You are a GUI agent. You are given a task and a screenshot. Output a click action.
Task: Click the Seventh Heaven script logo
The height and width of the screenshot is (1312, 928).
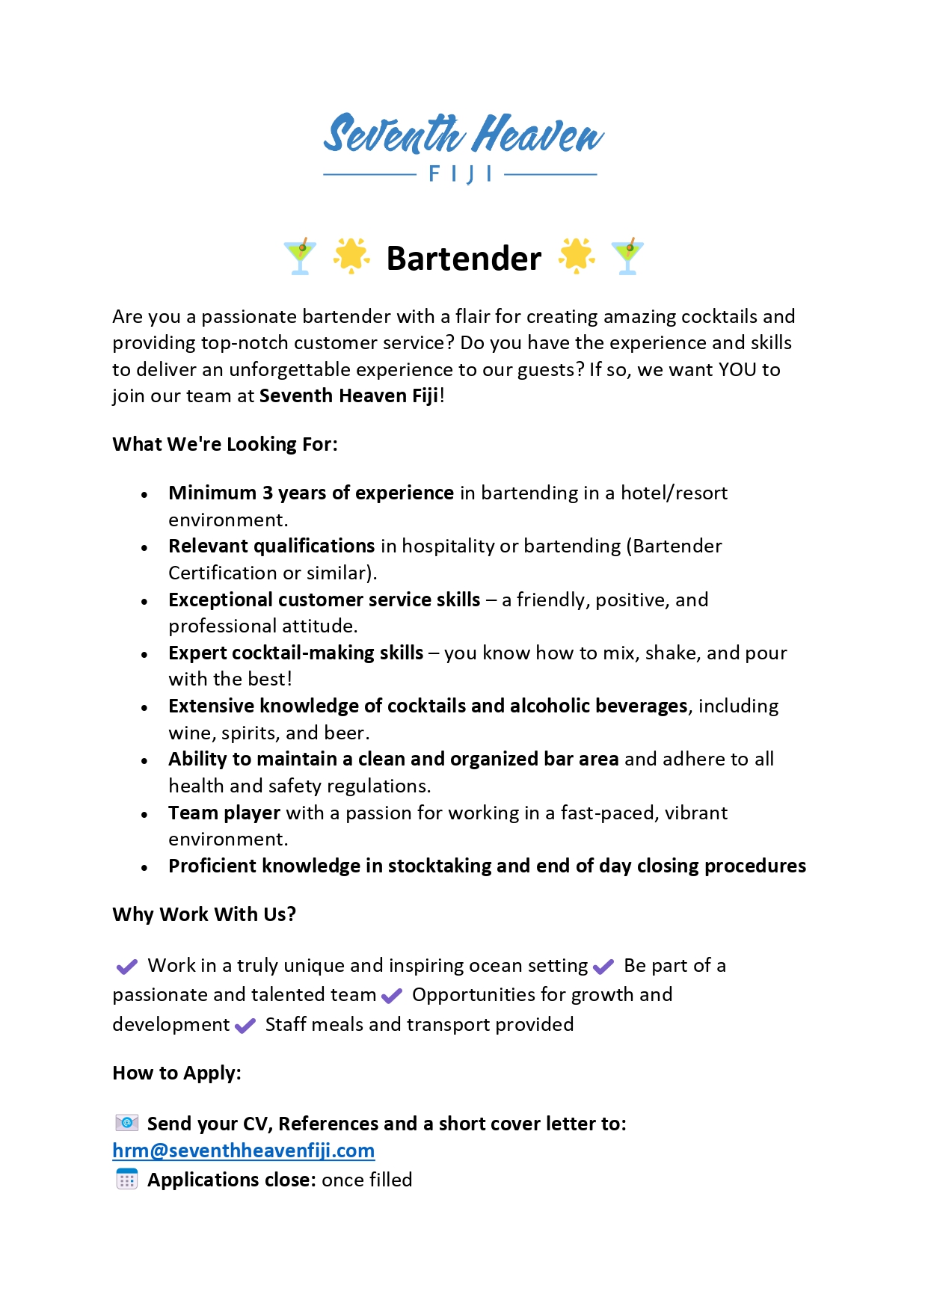tap(463, 135)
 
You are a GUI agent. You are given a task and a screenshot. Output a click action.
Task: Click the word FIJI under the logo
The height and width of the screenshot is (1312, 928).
tap(461, 175)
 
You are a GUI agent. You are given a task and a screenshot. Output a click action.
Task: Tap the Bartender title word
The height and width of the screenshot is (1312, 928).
tap(464, 259)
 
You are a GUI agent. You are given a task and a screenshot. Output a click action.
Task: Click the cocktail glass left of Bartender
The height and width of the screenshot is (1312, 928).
tap(300, 256)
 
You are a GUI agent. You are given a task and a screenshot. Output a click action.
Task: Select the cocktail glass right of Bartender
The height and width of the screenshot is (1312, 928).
tap(627, 256)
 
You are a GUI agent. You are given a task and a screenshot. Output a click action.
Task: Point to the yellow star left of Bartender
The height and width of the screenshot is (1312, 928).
tap(351, 256)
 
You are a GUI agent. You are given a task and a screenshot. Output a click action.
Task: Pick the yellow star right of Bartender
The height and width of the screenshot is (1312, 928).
tap(577, 256)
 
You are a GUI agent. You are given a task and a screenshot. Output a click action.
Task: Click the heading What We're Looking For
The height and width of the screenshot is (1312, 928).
tap(225, 444)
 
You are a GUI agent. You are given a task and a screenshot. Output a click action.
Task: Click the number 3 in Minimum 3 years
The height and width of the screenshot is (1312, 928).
tap(267, 493)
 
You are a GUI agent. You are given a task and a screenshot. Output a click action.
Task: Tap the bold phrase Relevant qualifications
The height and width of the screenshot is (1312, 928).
tap(271, 546)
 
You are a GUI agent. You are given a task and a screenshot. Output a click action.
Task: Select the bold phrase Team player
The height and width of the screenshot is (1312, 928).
tap(224, 813)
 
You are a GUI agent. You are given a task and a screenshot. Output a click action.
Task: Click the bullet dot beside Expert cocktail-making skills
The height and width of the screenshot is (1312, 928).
tap(144, 655)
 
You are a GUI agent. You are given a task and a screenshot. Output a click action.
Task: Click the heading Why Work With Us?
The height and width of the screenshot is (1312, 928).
tap(204, 915)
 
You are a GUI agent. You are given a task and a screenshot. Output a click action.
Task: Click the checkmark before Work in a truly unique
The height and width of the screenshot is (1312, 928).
tap(126, 967)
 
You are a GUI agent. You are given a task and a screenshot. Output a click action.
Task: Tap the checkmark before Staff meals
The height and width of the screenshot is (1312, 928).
tap(245, 1026)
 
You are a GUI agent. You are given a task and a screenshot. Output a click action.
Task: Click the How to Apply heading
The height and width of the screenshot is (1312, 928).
tap(176, 1074)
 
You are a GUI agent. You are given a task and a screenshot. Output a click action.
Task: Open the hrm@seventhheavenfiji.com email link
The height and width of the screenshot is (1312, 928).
tap(244, 1151)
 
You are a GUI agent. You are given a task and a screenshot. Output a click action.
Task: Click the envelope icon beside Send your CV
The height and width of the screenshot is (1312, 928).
tap(127, 1123)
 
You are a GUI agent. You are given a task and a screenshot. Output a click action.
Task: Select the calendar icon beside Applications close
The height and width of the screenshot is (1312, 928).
tap(127, 1180)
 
